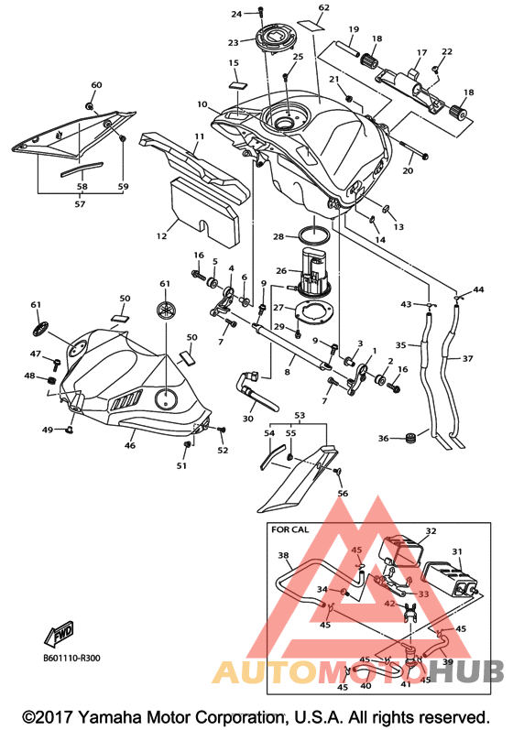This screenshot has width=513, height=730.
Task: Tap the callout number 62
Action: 323,7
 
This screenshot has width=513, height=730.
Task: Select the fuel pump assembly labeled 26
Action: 313,274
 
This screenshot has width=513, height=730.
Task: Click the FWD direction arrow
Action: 60,634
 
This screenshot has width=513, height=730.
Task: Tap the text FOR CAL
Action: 289,529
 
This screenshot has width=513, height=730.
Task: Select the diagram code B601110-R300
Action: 71,659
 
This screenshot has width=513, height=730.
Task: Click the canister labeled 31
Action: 449,579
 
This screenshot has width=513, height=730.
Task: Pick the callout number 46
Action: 130,445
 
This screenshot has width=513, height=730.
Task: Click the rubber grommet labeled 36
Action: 410,438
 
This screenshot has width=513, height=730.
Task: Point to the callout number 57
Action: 80,204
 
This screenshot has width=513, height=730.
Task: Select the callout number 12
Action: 161,236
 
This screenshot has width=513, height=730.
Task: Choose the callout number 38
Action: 283,555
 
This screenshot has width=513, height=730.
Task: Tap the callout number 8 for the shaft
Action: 288,372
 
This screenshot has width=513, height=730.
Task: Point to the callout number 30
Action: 248,419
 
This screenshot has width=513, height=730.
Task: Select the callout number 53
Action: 300,415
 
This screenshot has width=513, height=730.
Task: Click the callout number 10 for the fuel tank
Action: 202,104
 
